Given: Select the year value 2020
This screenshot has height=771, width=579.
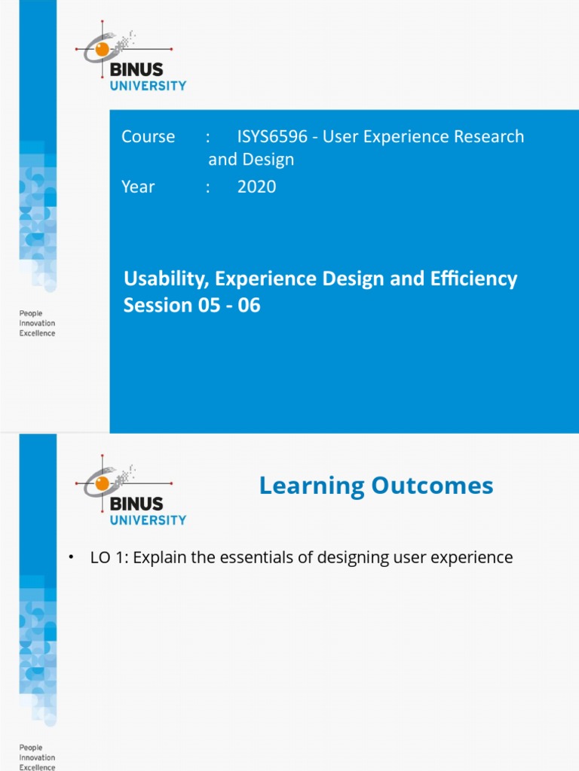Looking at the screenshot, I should click(256, 186).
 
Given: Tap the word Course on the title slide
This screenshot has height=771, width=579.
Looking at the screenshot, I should click(148, 136).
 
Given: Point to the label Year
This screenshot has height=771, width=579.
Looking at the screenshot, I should click(138, 186).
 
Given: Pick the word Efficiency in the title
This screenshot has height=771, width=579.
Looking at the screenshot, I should click(472, 279).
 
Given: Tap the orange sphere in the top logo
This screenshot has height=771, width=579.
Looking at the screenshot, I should click(102, 50).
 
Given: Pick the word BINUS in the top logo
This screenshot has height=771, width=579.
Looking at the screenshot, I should click(136, 70).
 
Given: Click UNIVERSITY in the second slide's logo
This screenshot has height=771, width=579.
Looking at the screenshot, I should click(149, 520).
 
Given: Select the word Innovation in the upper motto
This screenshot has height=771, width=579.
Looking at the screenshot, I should click(37, 322).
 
